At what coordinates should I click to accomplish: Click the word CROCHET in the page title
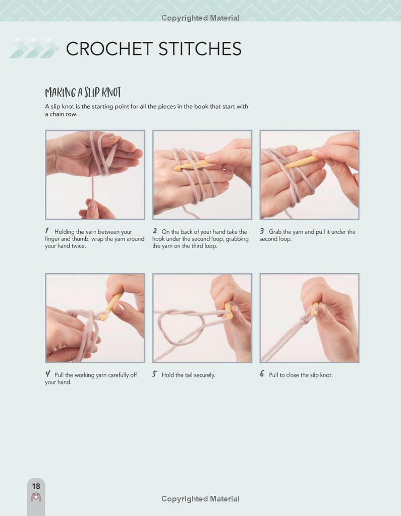[109, 49]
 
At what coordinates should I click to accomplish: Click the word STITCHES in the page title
[200, 49]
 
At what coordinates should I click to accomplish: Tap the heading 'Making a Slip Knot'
[83, 93]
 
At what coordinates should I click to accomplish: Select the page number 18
[36, 486]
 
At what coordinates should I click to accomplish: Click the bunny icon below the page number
[36, 497]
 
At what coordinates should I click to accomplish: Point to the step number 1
[47, 231]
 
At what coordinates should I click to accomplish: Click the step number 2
[154, 231]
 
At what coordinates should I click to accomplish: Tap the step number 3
[262, 231]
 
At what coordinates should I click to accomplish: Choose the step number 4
[48, 374]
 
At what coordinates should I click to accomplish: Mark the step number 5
[154, 374]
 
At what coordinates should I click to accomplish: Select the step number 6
[262, 373]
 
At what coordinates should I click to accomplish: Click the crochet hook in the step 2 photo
[193, 165]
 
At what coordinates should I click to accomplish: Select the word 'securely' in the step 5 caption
[204, 375]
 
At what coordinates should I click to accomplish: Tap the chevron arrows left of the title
[34, 48]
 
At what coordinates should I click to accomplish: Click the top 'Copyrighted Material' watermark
[200, 18]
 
